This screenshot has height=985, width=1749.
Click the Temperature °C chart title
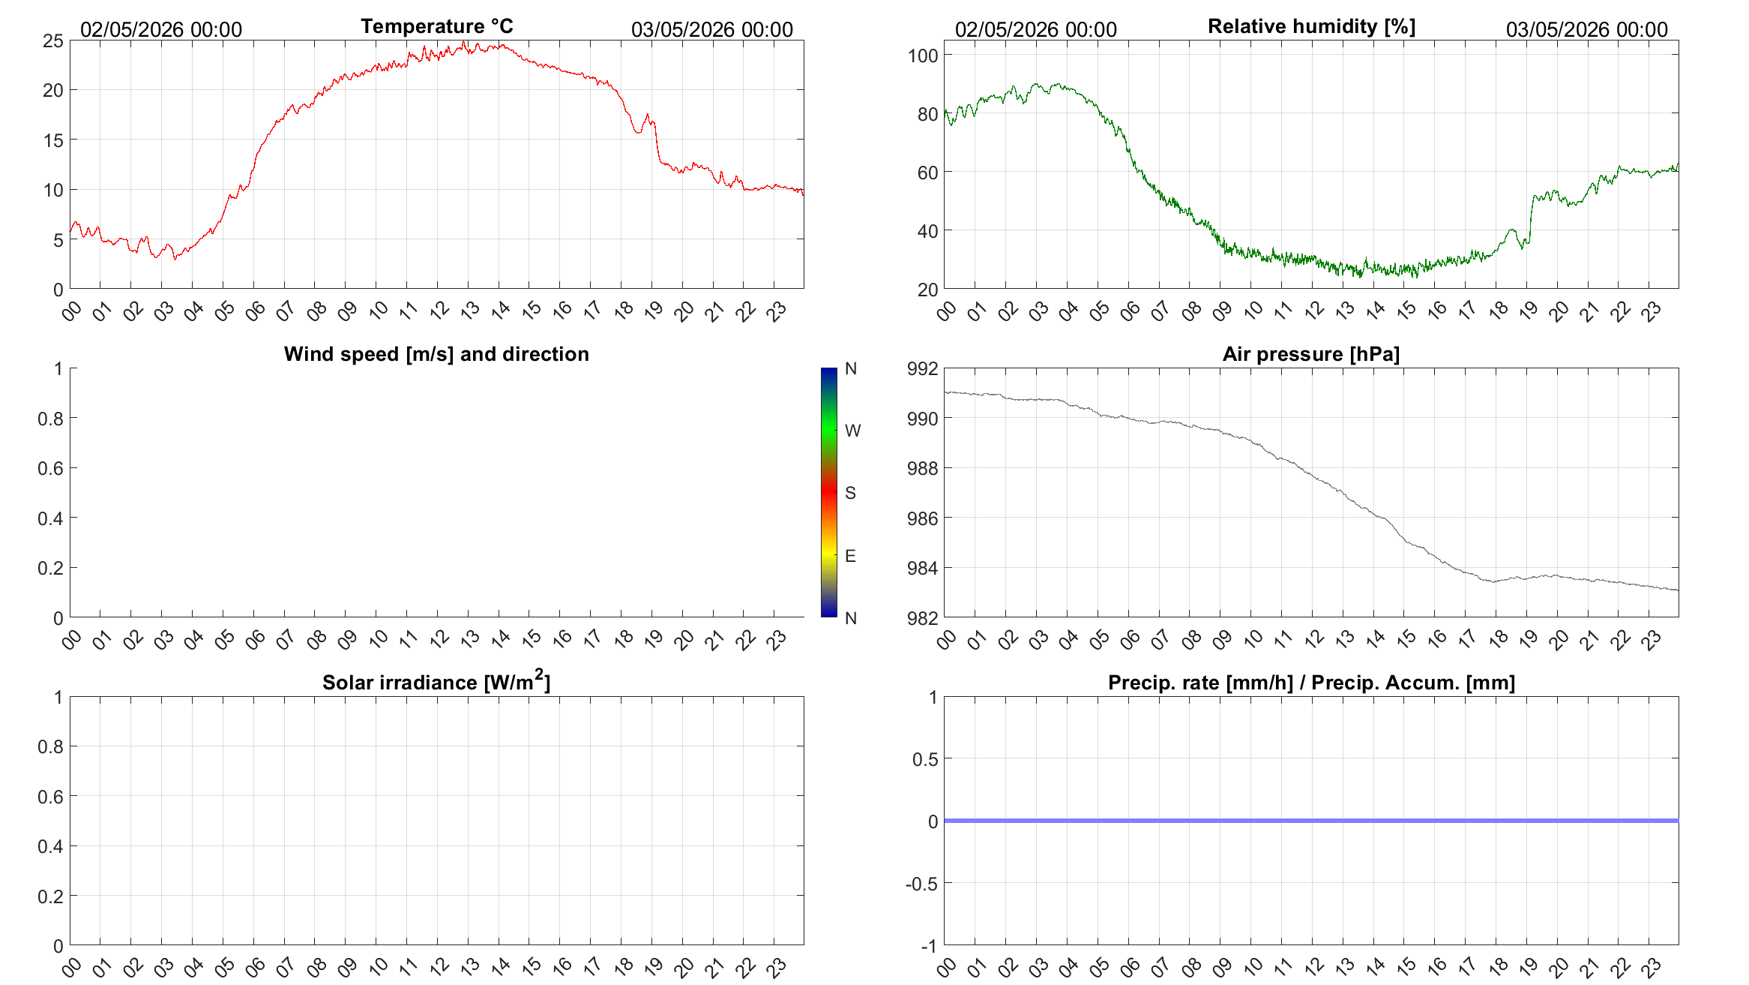tap(437, 26)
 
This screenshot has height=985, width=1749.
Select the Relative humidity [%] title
tap(1311, 26)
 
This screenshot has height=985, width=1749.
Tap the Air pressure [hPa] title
tap(1311, 354)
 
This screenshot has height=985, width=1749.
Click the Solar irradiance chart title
tap(436, 681)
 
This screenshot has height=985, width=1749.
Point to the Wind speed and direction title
tap(436, 354)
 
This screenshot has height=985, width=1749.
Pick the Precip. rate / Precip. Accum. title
tap(1311, 683)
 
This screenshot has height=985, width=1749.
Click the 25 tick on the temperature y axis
tap(53, 41)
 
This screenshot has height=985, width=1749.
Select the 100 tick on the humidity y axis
tap(923, 56)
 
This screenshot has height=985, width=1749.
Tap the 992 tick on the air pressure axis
tap(923, 368)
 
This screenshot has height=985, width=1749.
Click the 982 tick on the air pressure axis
tap(923, 618)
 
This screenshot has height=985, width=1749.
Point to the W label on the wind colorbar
tap(852, 431)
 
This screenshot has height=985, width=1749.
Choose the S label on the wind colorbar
tap(850, 493)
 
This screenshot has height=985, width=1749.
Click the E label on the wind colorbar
tap(850, 556)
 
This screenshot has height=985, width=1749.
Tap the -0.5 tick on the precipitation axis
tap(922, 884)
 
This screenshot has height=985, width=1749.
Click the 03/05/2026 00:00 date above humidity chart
tap(1587, 29)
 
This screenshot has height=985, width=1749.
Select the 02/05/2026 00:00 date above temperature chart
tap(161, 29)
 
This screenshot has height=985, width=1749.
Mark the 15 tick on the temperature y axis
tap(53, 140)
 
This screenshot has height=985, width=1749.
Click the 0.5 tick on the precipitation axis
tap(925, 759)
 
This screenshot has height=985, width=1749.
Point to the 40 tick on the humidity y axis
tap(927, 231)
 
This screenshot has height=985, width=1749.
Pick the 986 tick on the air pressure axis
tap(923, 518)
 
